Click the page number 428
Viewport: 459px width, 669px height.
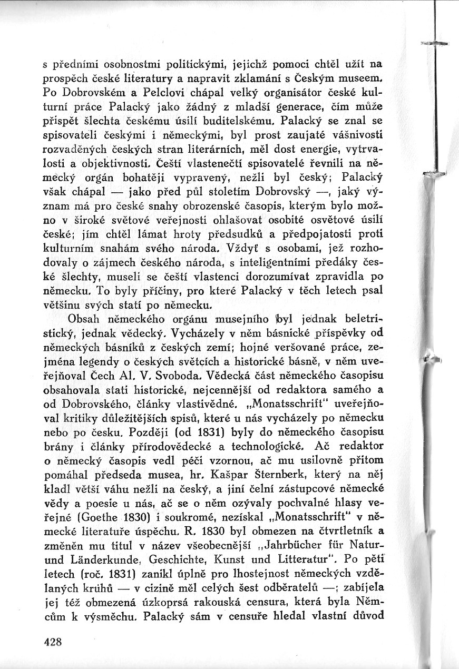[54, 641]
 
